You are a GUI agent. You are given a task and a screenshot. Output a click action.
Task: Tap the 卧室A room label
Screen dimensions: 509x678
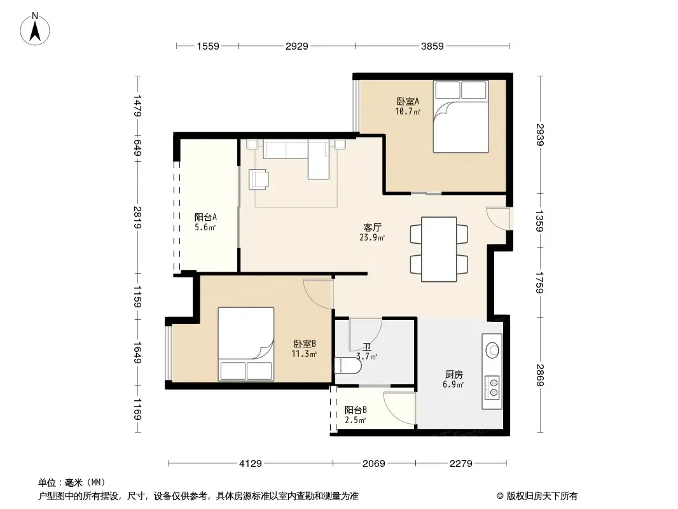tap(408, 101)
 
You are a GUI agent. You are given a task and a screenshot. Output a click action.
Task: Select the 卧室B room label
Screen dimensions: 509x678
tap(305, 344)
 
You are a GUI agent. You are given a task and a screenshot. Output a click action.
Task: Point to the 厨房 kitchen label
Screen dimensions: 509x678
tap(453, 375)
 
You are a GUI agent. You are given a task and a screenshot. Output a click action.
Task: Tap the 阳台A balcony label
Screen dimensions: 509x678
tap(205, 216)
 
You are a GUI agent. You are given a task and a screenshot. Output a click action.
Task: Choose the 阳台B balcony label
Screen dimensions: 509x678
tap(355, 410)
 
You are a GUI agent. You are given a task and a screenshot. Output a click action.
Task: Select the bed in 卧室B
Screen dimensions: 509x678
tap(246, 344)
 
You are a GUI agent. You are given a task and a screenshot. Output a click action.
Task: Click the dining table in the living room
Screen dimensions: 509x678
tap(439, 249)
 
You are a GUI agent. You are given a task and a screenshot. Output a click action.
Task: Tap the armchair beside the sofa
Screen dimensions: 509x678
tap(259, 179)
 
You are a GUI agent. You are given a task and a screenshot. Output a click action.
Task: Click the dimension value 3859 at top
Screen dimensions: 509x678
tap(432, 46)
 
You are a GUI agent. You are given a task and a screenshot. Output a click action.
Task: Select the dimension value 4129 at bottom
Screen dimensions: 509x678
tap(251, 464)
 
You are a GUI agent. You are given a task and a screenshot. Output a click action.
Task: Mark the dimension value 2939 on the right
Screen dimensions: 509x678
tap(541, 135)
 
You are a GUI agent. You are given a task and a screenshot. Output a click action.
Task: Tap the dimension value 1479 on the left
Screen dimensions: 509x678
tap(137, 106)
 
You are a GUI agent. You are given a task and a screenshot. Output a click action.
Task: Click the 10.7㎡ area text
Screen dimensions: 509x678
tap(408, 111)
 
